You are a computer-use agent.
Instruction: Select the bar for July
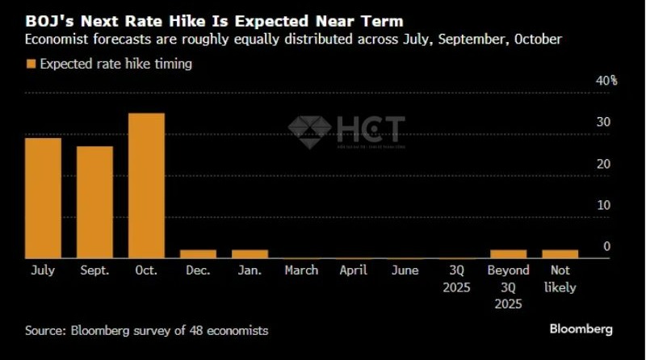[44, 198]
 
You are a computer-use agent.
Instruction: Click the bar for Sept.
[94, 202]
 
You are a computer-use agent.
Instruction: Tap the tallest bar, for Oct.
[146, 185]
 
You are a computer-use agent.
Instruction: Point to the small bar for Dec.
[198, 253]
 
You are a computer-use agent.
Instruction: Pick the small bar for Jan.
[250, 253]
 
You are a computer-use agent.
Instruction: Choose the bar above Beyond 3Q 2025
[508, 253]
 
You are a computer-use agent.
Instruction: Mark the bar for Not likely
[560, 253]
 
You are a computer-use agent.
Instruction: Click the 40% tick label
[606, 81]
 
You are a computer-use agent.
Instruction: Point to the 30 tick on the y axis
[603, 122]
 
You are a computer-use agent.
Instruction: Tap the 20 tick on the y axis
[603, 164]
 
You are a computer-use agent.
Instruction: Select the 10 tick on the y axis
[603, 205]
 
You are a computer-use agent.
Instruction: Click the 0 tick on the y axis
[606, 246]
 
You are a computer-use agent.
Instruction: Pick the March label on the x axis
[301, 270]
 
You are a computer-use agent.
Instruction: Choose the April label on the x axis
[353, 270]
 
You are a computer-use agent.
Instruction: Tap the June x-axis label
[405, 270]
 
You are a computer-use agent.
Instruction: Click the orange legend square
[31, 65]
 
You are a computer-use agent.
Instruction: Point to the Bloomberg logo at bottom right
[581, 329]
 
